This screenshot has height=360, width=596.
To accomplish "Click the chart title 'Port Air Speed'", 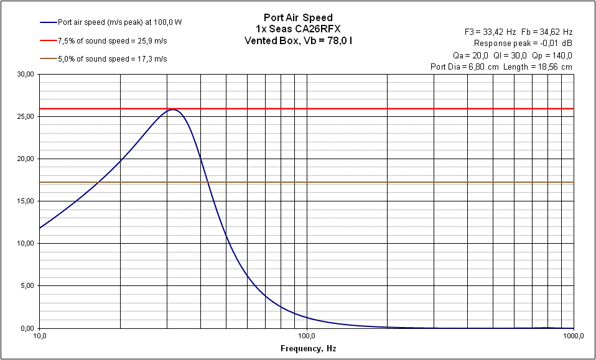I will coord(298,17).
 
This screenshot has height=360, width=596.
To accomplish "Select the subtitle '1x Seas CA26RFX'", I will coord(298,29).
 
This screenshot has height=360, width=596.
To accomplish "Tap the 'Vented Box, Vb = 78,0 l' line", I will coord(298,40).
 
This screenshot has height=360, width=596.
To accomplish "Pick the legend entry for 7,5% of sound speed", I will coord(112,40).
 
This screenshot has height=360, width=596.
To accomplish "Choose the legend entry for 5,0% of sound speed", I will coord(112,59).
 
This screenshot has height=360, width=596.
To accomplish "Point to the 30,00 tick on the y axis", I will coord(26,74).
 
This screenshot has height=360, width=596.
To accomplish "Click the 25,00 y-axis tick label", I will coord(26,116).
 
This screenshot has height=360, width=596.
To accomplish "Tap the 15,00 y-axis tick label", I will coord(26,201).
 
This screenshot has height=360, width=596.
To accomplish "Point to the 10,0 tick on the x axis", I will coord(39,336).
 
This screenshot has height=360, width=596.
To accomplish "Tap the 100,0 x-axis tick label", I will coord(307,336).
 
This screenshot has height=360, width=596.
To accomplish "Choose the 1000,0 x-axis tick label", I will coord(572,336).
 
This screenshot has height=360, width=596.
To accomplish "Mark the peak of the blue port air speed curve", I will coord(174,110).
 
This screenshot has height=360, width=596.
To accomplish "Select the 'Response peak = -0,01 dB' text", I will coord(523,43).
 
